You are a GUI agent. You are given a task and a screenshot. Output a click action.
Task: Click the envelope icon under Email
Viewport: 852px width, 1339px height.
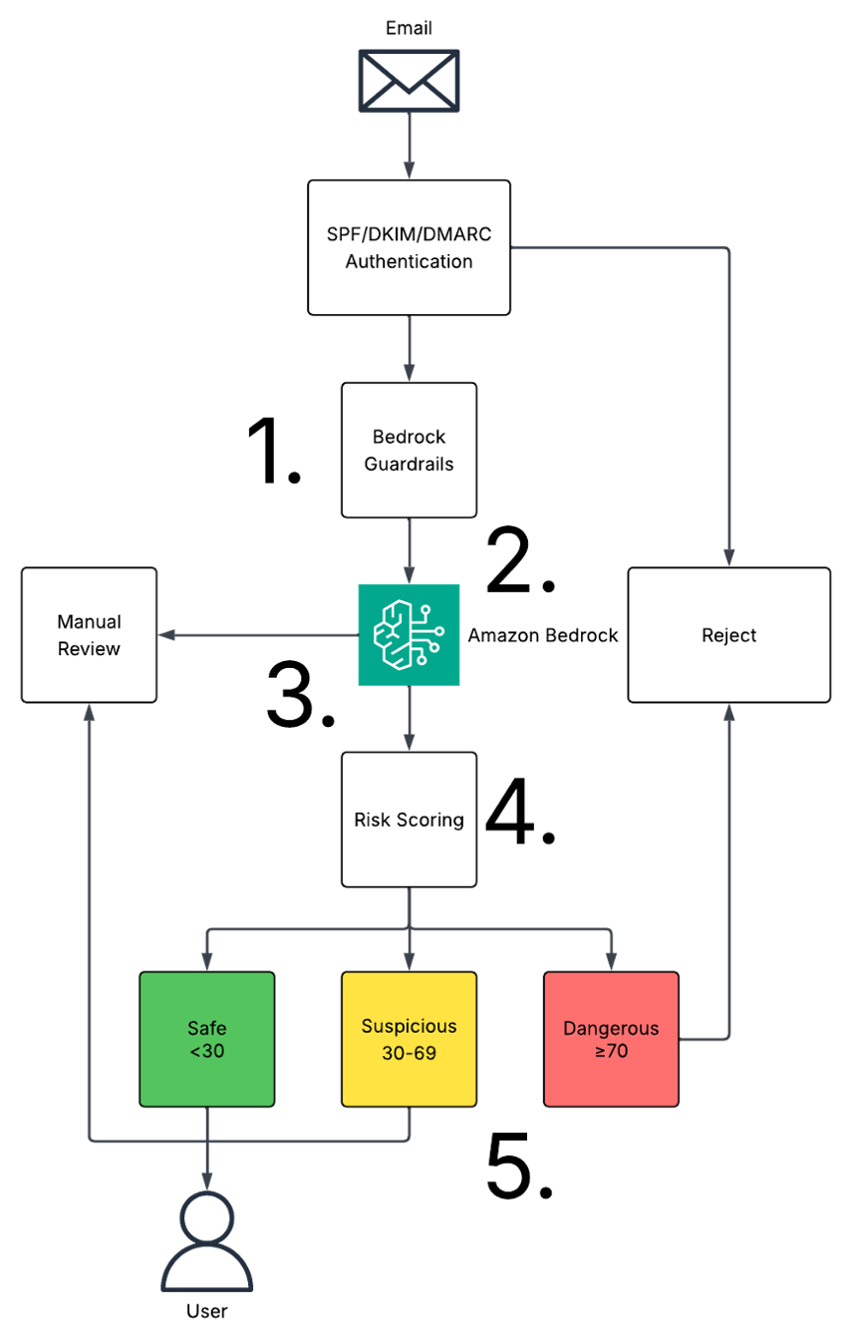409,81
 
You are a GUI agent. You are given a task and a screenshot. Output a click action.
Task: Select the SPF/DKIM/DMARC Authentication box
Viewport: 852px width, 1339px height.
409,247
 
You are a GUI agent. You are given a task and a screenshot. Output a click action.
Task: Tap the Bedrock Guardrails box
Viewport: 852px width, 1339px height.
409,450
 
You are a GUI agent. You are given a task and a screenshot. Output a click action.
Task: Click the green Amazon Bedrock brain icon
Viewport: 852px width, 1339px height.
409,635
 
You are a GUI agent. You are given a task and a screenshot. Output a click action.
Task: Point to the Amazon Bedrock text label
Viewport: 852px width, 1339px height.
542,635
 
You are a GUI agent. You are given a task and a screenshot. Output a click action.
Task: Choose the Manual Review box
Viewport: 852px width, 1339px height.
89,635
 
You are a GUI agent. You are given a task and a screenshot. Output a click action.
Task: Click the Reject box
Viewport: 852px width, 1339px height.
728,635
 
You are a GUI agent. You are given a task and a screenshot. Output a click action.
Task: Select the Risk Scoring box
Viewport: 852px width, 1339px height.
409,820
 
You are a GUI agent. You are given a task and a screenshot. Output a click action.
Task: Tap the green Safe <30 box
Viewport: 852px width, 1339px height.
206,1039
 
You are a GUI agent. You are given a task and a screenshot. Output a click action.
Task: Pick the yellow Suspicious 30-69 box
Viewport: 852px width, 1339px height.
409,1039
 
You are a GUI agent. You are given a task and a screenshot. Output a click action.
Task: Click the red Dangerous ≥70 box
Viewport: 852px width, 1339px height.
611,1039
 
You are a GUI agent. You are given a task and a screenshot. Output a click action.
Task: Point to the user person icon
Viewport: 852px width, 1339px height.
206,1241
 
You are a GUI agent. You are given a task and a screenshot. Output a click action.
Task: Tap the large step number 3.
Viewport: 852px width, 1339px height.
301,695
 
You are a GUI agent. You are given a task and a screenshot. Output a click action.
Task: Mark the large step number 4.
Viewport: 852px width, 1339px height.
520,812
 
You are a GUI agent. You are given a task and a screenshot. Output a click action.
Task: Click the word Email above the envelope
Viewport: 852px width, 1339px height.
409,28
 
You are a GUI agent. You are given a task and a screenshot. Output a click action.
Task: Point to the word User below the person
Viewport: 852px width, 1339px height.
206,1311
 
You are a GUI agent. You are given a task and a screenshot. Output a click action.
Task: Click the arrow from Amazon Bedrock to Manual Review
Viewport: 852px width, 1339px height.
258,635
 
